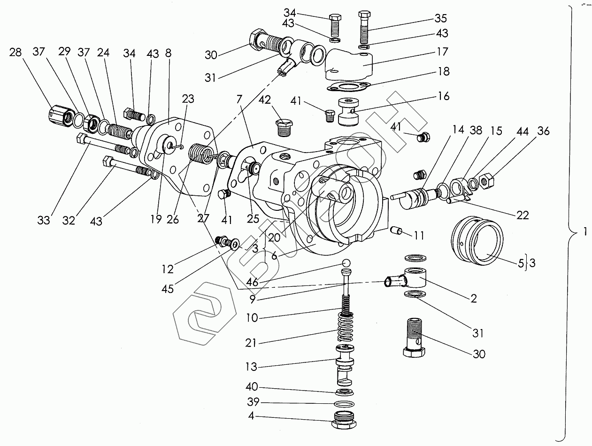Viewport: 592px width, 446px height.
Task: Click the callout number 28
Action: tap(15, 52)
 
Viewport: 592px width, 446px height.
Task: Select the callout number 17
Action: tap(442, 51)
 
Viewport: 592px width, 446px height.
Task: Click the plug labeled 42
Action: tap(283, 127)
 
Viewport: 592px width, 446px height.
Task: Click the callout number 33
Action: tap(44, 221)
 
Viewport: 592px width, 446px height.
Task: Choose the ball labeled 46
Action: tap(346, 262)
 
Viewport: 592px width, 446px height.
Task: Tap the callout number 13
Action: tap(252, 367)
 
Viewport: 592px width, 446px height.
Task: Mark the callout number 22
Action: tap(522, 215)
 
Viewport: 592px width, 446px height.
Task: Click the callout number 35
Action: tap(440, 19)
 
